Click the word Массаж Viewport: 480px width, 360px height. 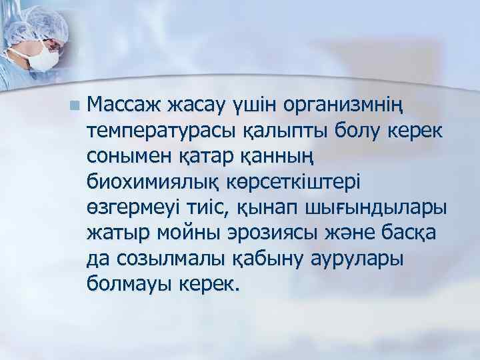[125, 105]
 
